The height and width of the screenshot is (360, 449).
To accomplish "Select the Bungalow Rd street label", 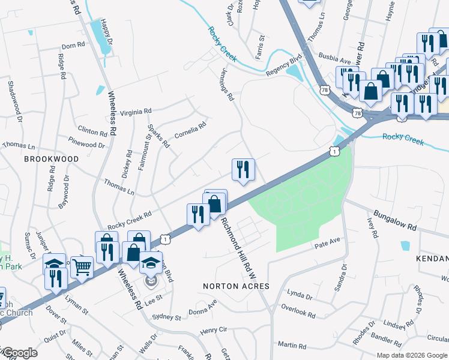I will (395, 221).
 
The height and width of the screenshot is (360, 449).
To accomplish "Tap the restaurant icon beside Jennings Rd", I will (243, 170).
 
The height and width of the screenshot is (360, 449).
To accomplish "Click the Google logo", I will (19, 353).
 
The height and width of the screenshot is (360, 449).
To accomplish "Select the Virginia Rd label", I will (136, 112).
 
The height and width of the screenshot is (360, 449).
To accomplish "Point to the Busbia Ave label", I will (334, 61).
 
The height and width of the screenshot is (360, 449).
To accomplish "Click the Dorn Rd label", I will (73, 46).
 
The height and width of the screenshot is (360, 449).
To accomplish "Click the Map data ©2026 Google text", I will (412, 355).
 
